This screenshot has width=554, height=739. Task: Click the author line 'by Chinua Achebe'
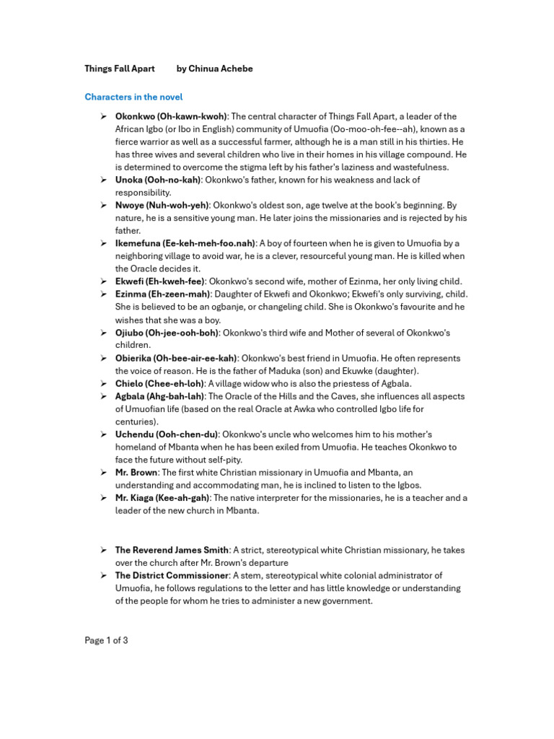pyautogui.click(x=215, y=69)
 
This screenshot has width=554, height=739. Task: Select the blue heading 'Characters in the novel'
pyautogui.click(x=133, y=97)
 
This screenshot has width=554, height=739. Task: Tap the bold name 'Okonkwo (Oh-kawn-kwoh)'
pyautogui.click(x=171, y=116)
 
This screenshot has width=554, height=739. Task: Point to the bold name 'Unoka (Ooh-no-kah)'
pyautogui.click(x=158, y=180)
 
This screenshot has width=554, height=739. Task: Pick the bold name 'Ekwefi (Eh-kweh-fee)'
pyautogui.click(x=160, y=281)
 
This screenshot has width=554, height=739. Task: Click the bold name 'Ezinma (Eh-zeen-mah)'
pyautogui.click(x=163, y=294)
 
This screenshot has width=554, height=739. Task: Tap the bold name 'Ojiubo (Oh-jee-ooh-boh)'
pyautogui.click(x=167, y=333)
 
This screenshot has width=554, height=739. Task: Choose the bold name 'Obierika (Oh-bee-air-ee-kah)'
pyautogui.click(x=176, y=358)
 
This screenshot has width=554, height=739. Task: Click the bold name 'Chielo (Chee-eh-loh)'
pyautogui.click(x=159, y=383)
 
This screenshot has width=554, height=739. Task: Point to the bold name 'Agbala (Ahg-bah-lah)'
pyautogui.click(x=161, y=396)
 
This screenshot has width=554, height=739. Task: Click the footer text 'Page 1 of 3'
pyautogui.click(x=106, y=640)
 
